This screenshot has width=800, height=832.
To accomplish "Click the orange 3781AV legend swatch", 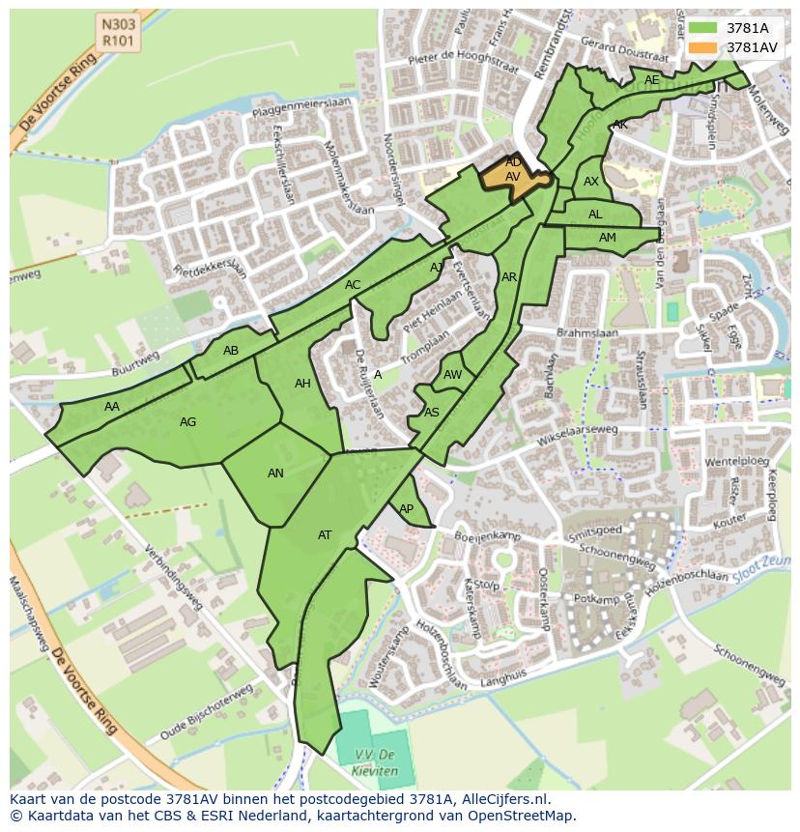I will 702,47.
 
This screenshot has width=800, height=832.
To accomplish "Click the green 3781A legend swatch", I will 702,28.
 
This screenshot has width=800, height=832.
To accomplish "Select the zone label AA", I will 112,407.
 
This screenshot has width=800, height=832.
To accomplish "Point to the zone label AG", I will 188,422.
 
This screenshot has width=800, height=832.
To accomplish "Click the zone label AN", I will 275,473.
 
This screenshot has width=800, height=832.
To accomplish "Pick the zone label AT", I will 325,535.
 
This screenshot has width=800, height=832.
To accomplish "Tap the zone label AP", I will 406,509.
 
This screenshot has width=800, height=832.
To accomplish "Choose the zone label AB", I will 231,351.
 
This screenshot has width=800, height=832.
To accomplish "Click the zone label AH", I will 302,384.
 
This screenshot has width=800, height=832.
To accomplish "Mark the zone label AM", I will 607,238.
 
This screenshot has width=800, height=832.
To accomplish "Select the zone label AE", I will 652,80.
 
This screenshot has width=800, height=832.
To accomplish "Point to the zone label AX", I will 591,182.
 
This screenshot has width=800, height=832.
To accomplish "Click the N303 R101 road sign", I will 117,31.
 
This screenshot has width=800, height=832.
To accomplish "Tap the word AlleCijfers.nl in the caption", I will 502,799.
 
